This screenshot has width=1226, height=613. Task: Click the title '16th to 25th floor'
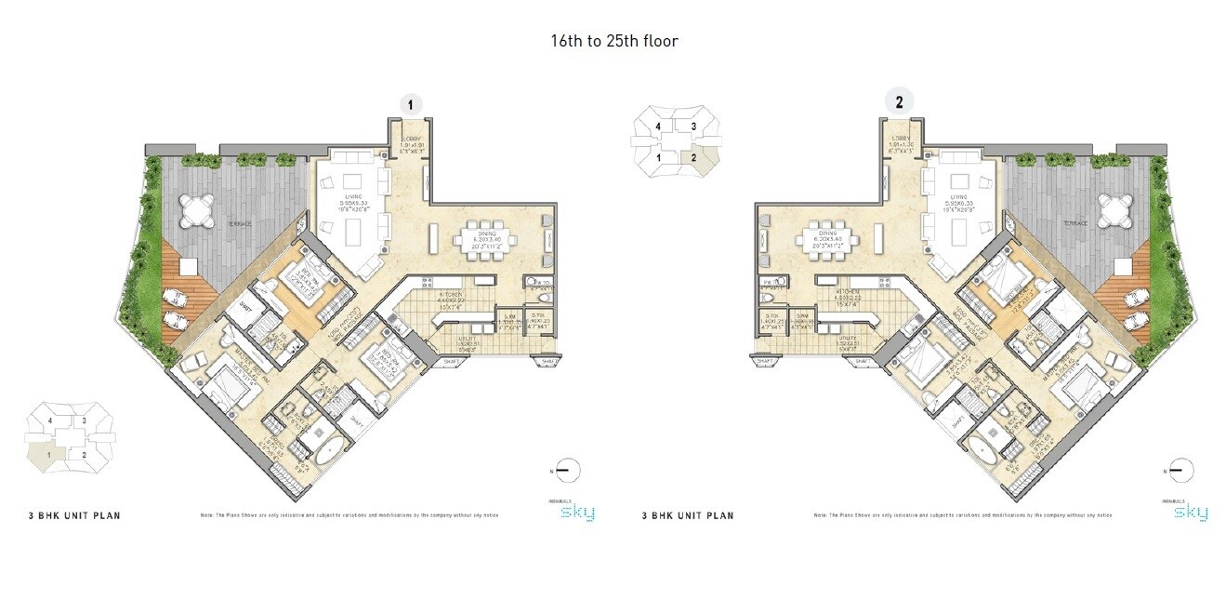[x=613, y=41]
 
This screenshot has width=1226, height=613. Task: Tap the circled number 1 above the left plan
[x=409, y=105]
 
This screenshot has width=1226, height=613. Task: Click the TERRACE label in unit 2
[x=1075, y=224]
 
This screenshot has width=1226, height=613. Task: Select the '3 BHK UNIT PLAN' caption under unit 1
[x=74, y=514]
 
